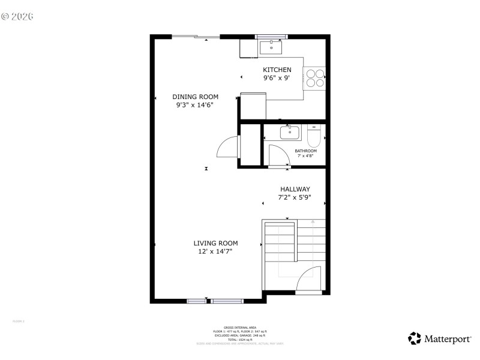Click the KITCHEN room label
pos(277,70)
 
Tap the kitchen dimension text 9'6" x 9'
pos(277,78)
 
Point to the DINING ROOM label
pos(195,97)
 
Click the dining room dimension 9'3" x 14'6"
pos(195,105)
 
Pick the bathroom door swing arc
pos(278,154)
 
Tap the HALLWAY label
pos(294,189)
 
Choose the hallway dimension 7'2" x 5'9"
pos(294,197)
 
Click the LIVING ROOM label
pos(215,243)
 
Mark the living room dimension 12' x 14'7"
pos(215,251)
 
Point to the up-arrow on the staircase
pos(312,221)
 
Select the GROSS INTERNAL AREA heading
pos(240,328)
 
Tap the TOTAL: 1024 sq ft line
pos(240,340)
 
